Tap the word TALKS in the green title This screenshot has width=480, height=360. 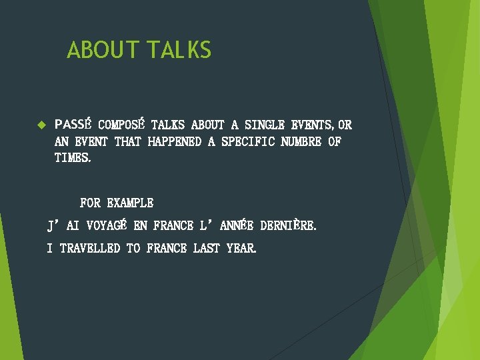(x=179, y=50)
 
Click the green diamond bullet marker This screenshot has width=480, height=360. (x=40, y=125)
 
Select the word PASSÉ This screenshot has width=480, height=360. (x=74, y=125)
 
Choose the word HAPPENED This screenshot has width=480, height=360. (x=174, y=141)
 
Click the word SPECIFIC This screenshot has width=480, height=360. (x=247, y=141)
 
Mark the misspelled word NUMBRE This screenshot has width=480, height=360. (x=301, y=141)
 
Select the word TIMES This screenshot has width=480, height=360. (x=72, y=158)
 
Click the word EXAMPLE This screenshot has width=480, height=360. (x=130, y=203)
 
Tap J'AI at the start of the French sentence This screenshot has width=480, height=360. (x=63, y=226)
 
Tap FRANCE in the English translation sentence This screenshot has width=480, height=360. (x=167, y=249)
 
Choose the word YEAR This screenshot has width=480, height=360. (x=241, y=249)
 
